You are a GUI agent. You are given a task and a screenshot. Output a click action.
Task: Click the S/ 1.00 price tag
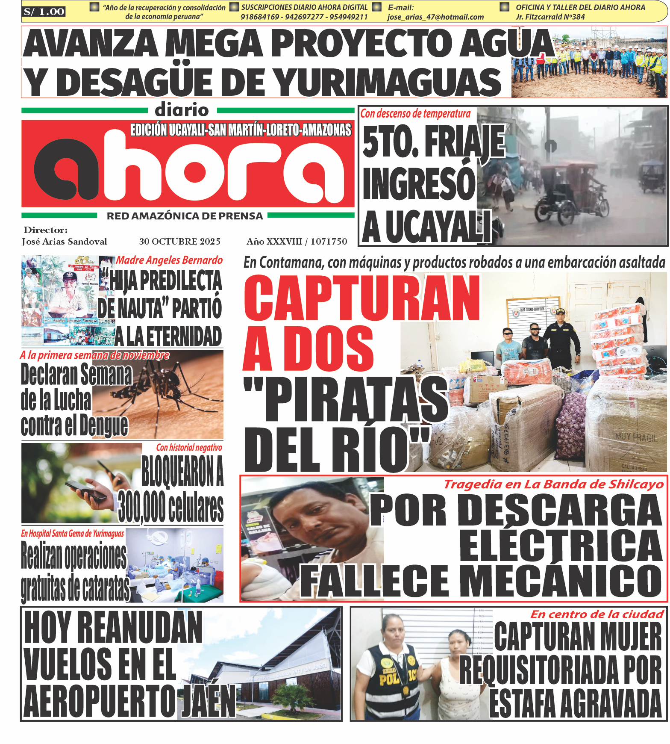coord(44,12)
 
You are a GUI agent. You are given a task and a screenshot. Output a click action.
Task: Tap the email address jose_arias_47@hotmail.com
coord(435,17)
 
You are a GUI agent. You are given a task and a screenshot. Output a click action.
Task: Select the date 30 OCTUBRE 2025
coord(179,242)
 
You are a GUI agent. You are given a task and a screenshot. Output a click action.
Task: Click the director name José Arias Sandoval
coord(65,242)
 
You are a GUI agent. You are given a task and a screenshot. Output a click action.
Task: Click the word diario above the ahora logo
coord(182,110)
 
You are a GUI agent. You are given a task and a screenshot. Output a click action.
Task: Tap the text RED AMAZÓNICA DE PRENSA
coord(185,216)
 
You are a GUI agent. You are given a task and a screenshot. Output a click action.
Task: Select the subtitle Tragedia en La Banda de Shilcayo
coord(553,484)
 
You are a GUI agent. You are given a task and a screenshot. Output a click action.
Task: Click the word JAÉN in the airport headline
coord(209,701)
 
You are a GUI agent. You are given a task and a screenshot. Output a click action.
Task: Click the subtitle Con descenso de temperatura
coord(415,114)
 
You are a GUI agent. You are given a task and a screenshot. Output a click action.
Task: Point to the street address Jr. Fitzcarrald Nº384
coord(550,17)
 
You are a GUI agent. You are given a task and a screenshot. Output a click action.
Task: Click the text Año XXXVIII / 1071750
coord(297,242)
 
